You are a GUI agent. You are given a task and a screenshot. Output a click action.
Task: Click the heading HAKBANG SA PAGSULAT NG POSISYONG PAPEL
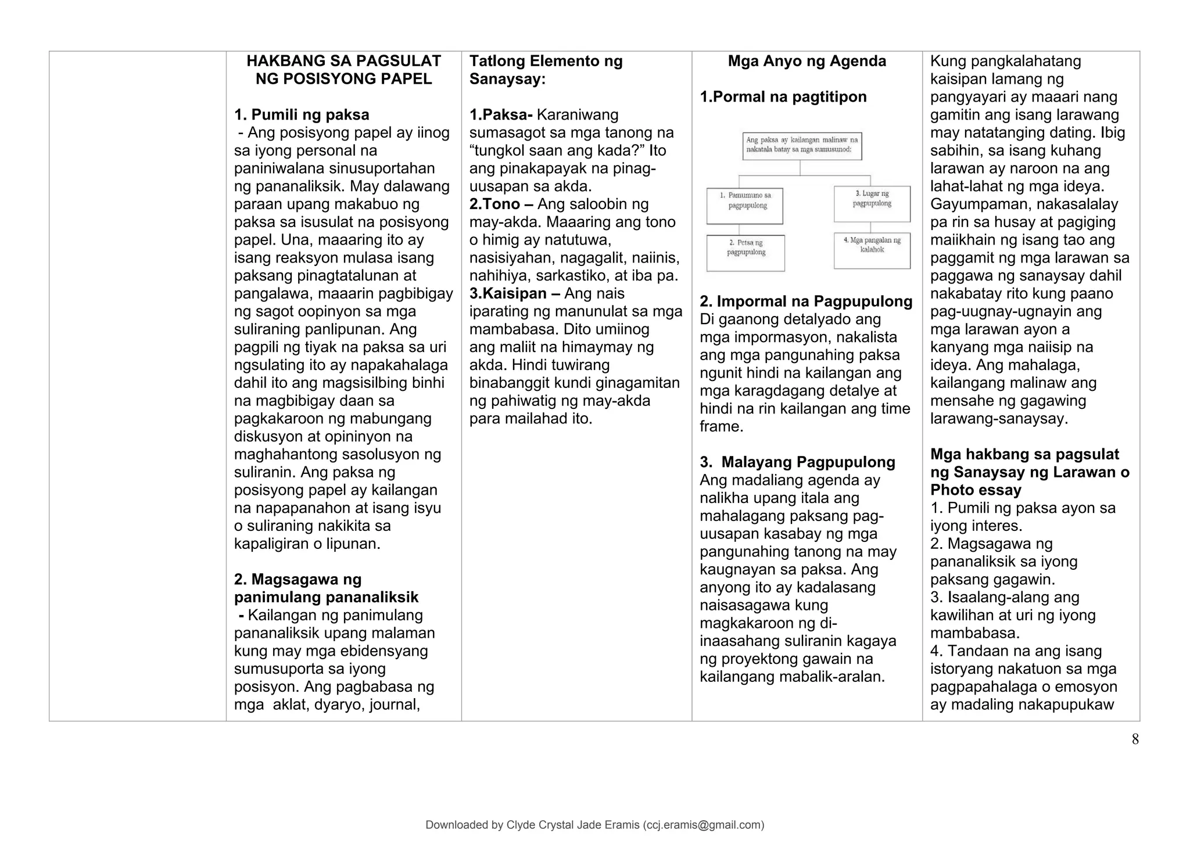click(343, 70)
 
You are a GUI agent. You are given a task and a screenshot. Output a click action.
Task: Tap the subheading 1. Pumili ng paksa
click(302, 115)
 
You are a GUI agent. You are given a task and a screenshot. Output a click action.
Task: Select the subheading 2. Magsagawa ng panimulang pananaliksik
click(326, 588)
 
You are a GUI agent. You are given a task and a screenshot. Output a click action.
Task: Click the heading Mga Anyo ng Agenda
click(807, 62)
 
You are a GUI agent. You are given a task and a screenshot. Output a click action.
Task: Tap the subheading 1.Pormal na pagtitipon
click(783, 97)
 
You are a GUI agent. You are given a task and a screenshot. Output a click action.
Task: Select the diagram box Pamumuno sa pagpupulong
click(745, 206)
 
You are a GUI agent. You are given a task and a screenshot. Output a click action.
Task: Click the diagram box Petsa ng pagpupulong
click(745, 253)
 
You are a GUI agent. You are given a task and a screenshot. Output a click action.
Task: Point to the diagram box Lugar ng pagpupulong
click(872, 204)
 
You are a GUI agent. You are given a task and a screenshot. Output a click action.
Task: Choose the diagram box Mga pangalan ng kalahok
click(872, 250)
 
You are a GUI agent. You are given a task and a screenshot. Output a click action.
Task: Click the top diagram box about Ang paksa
click(802, 146)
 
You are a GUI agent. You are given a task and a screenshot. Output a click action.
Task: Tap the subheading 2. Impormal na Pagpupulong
click(806, 301)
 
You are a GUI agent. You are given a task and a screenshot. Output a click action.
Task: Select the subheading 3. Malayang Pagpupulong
click(797, 462)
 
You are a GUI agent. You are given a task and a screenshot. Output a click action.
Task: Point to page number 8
click(1135, 739)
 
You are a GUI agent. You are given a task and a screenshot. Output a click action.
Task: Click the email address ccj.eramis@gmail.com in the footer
click(702, 825)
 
